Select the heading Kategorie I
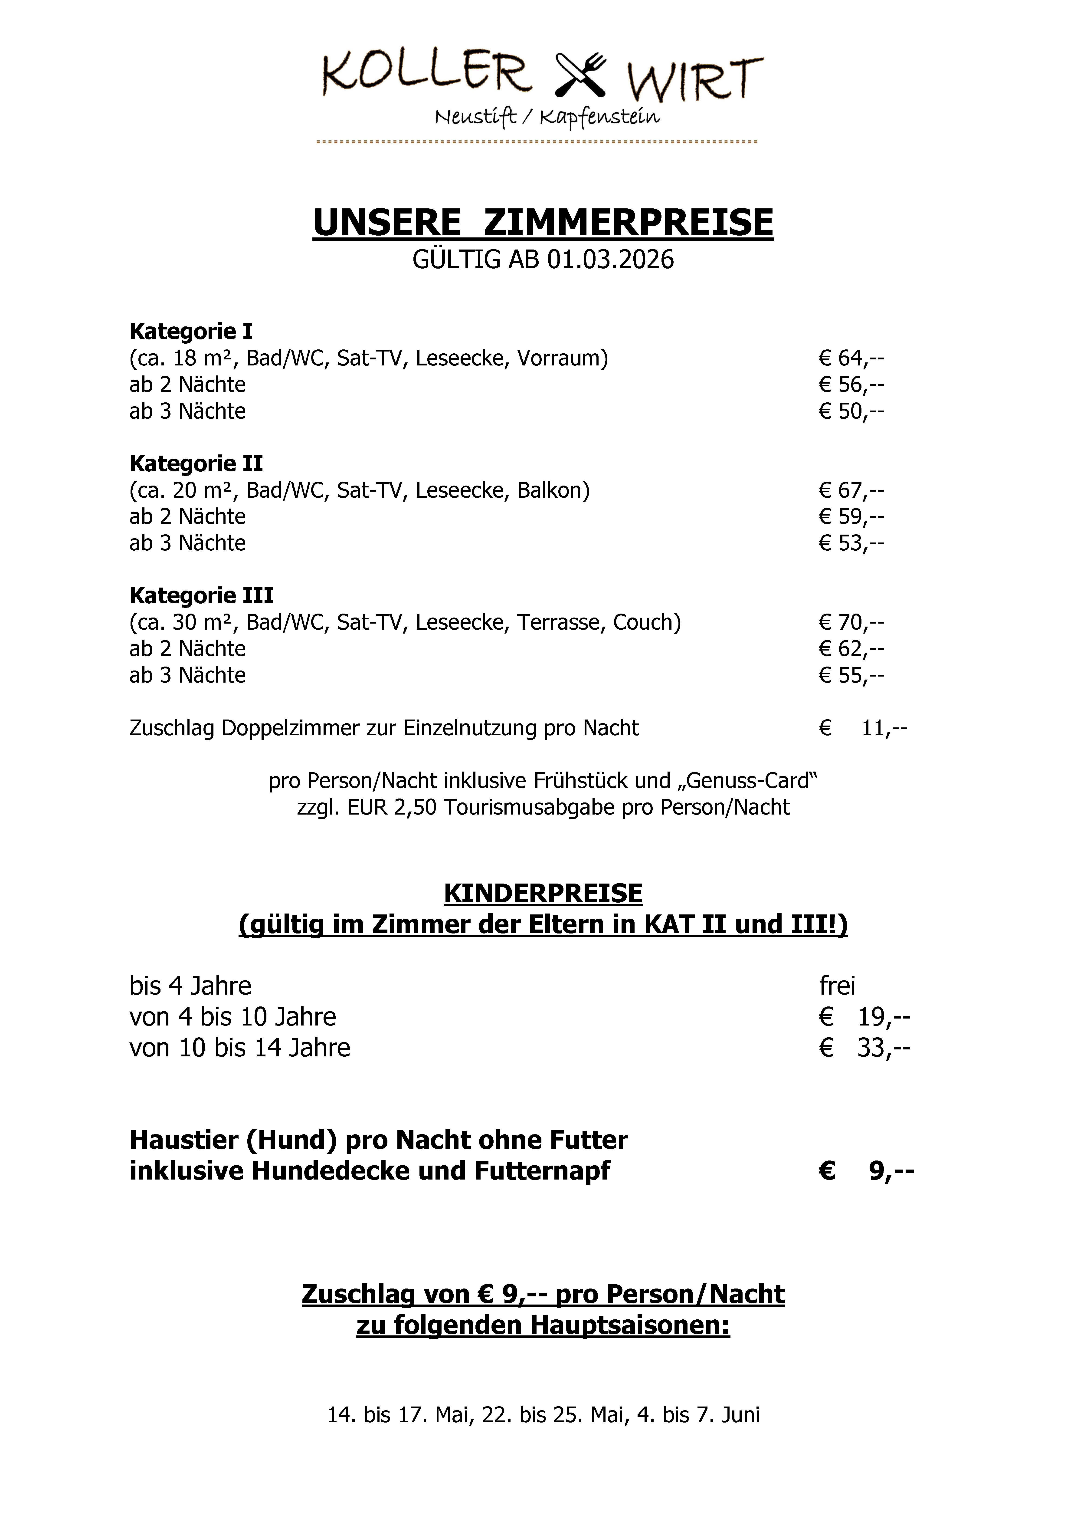point(191,331)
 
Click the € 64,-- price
point(851,358)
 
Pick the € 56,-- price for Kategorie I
point(851,384)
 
